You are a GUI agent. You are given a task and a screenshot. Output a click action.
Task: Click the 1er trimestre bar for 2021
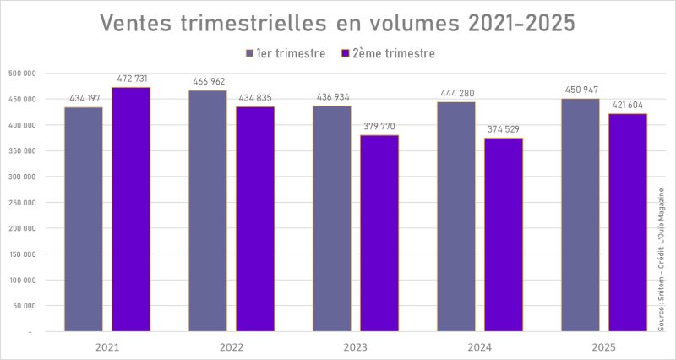coord(84,220)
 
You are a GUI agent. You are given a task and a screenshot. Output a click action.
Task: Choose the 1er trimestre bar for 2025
coord(581,215)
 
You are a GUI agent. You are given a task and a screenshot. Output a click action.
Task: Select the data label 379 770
coord(379,127)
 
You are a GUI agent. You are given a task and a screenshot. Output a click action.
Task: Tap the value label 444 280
coord(457,93)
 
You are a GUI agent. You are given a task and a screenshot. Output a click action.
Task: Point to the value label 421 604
coord(628,105)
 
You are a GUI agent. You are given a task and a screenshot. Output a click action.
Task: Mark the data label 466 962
coord(208,82)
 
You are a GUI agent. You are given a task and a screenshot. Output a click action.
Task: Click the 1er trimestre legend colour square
coord(249,54)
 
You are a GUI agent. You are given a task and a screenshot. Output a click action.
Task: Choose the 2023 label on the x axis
coord(356,347)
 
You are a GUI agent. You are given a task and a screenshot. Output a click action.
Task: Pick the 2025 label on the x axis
coord(604,347)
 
